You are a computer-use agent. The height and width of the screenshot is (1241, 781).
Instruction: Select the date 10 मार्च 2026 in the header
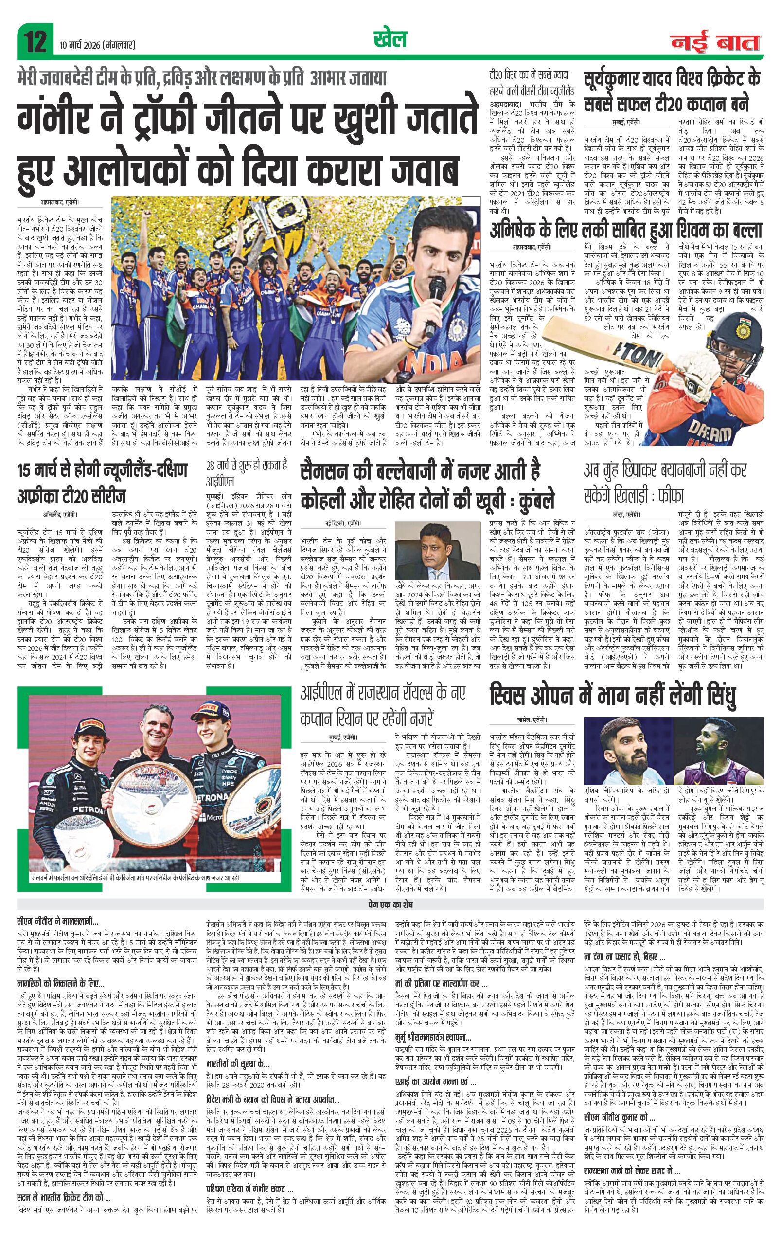(x=97, y=46)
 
